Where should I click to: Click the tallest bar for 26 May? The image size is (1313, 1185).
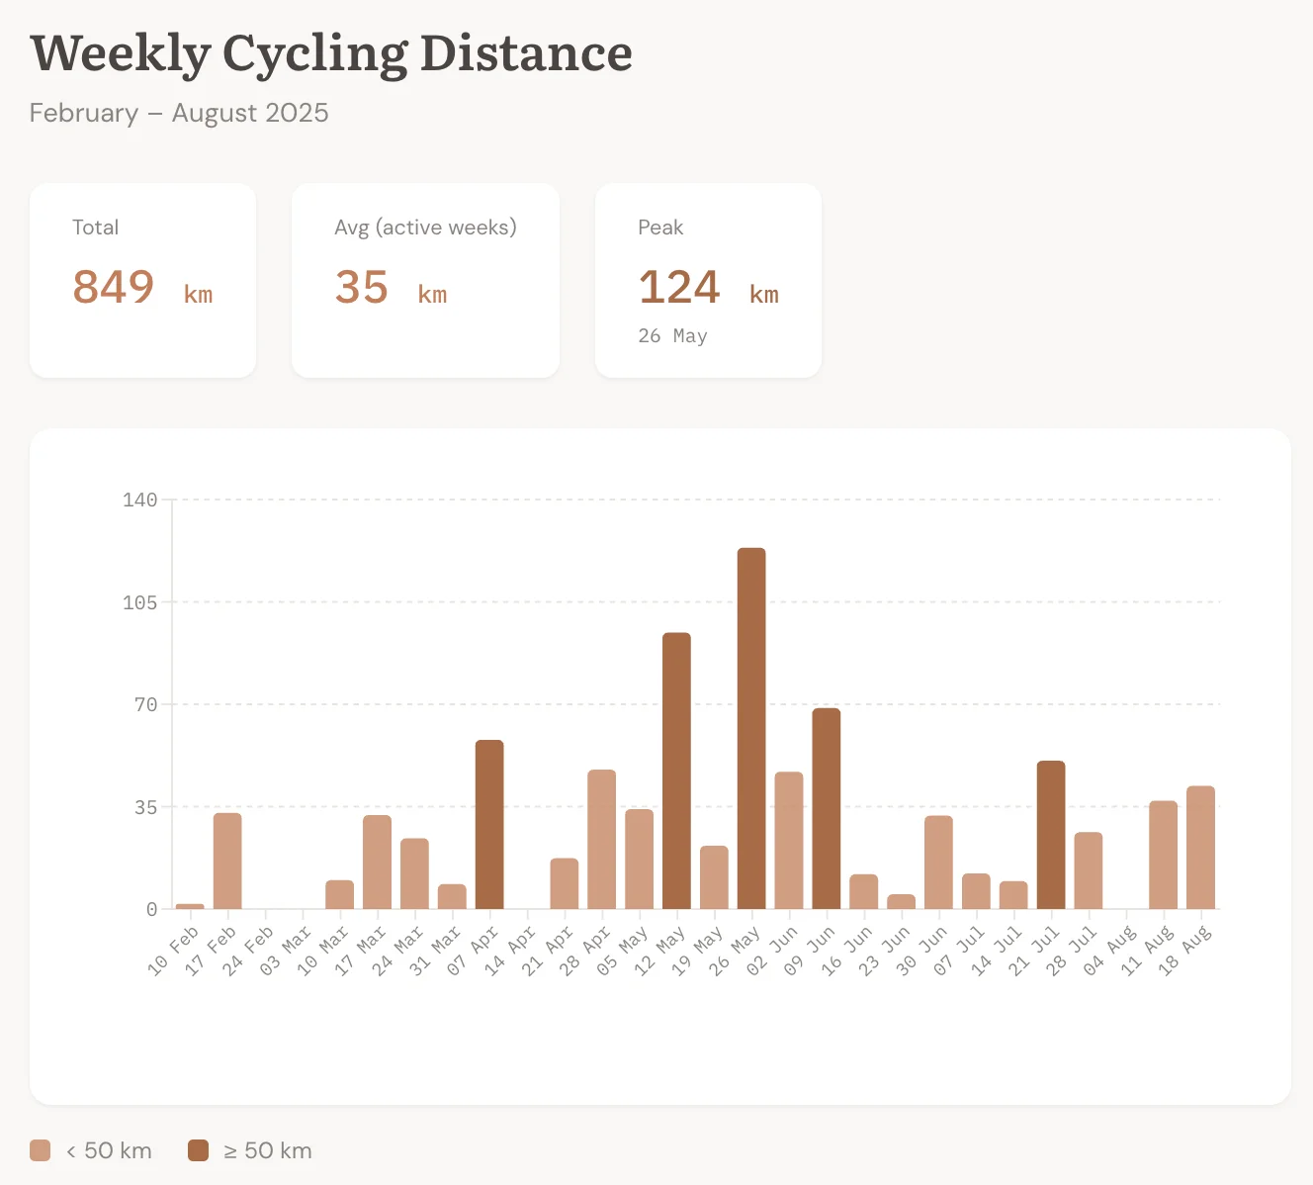tap(751, 728)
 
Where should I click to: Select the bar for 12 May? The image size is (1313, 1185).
tap(676, 771)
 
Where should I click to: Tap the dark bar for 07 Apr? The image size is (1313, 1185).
tap(489, 824)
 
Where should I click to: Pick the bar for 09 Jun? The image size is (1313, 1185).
tap(827, 808)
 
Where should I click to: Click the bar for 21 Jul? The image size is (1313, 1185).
tap(1051, 835)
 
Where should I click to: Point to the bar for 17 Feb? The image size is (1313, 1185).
tap(227, 861)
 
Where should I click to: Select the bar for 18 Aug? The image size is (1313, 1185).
tap(1200, 847)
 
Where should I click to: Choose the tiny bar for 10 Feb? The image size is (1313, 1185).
tap(190, 906)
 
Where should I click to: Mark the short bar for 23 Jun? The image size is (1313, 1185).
tap(901, 901)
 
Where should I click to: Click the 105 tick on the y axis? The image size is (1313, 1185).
tap(140, 602)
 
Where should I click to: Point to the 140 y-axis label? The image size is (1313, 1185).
tap(140, 500)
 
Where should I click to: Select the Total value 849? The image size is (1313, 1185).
tap(114, 288)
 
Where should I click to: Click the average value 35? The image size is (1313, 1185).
tap(362, 288)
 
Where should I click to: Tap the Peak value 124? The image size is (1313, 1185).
tap(679, 288)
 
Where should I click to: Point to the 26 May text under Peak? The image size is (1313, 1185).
tap(672, 336)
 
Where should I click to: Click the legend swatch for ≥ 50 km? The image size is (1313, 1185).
tap(199, 1150)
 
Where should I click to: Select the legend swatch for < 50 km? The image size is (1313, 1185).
tap(41, 1150)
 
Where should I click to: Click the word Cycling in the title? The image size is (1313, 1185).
tap(314, 54)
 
